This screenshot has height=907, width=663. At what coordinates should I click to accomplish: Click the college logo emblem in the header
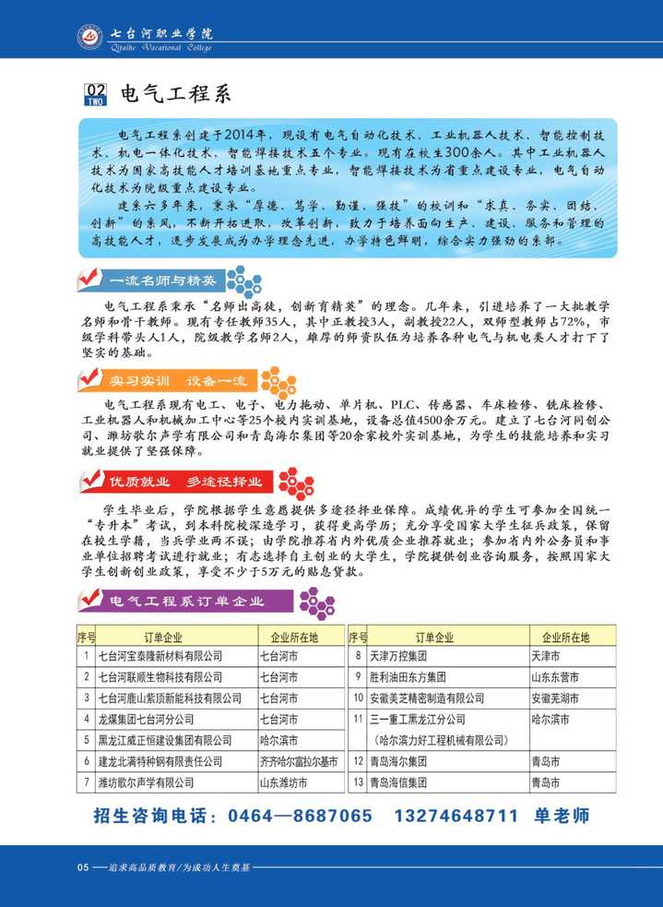(91, 37)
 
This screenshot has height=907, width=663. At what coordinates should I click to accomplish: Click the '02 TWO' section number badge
(95, 94)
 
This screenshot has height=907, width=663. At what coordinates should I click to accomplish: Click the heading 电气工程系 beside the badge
(174, 94)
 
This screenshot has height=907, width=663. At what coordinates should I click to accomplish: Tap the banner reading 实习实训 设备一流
(171, 380)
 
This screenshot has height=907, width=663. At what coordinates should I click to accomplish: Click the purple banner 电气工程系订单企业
(188, 602)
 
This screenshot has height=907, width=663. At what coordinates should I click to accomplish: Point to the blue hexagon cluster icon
(243, 280)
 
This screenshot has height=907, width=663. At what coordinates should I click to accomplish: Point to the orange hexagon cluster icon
(278, 381)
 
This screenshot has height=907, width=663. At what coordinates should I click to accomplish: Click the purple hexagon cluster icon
(316, 603)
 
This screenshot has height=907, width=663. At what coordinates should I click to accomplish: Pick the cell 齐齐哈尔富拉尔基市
(299, 762)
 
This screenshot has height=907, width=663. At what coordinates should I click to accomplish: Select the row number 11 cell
(358, 720)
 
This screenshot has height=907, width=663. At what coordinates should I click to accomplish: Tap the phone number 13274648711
(456, 816)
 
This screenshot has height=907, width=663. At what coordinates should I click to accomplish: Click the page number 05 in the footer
(82, 867)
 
